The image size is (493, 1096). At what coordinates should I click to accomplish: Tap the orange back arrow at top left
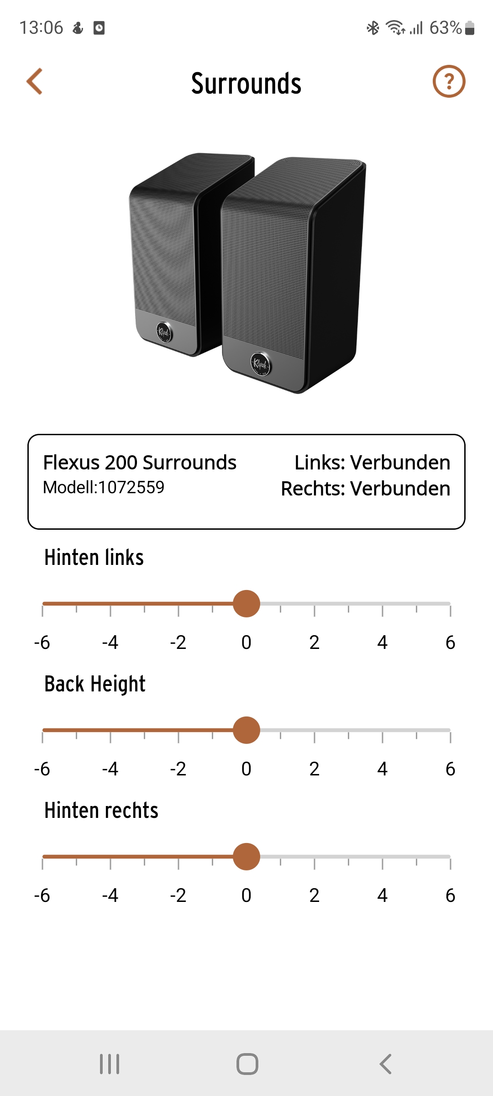(x=34, y=81)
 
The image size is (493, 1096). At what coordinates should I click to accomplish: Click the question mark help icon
(x=449, y=81)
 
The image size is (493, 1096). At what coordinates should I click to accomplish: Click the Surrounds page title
(x=246, y=84)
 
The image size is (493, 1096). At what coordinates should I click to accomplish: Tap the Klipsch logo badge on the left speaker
(x=164, y=332)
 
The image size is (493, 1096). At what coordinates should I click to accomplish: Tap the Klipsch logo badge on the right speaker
(x=261, y=364)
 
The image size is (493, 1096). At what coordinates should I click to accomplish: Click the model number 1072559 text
(x=131, y=487)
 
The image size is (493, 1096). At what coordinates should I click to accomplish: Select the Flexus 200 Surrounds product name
(x=140, y=462)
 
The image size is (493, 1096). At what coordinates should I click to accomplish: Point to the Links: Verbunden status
(x=372, y=462)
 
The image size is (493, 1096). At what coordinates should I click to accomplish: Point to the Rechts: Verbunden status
(x=365, y=488)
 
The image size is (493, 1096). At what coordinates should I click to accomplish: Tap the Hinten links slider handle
(x=246, y=604)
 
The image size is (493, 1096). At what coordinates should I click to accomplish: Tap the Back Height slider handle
(x=246, y=730)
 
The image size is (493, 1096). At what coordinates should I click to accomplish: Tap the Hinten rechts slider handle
(x=246, y=857)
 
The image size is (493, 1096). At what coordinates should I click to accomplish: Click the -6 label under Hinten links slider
(x=42, y=643)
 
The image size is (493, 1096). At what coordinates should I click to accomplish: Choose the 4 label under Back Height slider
(x=383, y=769)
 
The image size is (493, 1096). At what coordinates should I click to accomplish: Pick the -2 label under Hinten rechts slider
(x=178, y=896)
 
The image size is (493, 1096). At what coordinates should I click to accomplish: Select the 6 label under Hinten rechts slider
(x=451, y=896)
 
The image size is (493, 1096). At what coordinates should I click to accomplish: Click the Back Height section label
(x=95, y=684)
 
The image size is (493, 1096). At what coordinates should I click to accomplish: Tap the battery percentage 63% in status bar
(x=446, y=28)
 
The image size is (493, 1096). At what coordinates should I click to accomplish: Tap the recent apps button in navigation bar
(x=110, y=1064)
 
